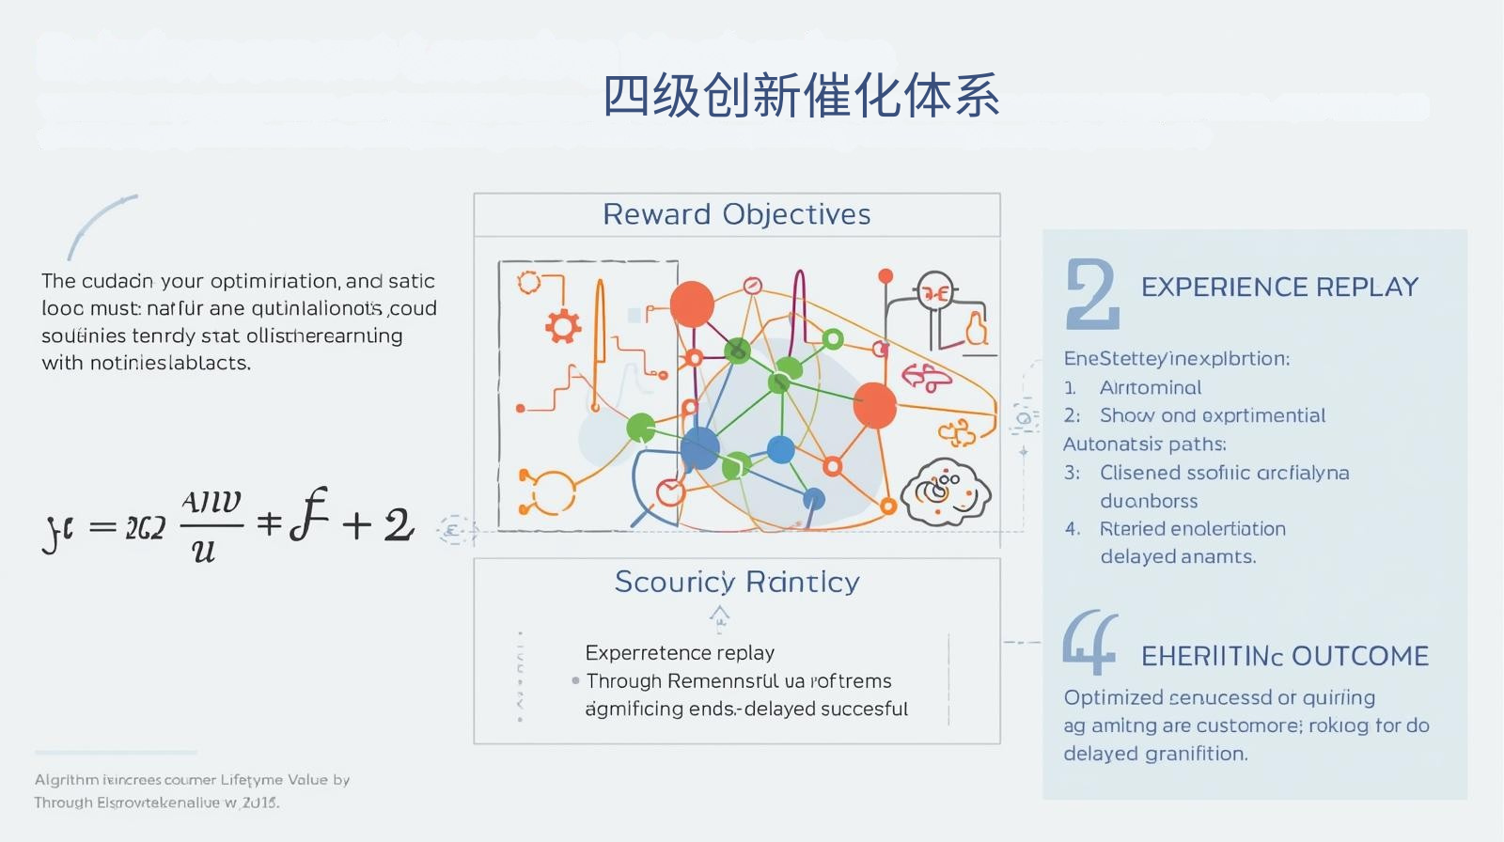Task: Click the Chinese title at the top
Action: pyautogui.click(x=800, y=96)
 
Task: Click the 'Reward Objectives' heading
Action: pyautogui.click(x=736, y=214)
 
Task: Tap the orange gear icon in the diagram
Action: pyautogui.click(x=563, y=326)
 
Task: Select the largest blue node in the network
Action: pyautogui.click(x=699, y=447)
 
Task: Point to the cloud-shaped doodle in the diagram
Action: pyautogui.click(x=946, y=491)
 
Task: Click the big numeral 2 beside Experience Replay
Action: pyautogui.click(x=1091, y=294)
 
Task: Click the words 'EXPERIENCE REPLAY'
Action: pyautogui.click(x=1279, y=287)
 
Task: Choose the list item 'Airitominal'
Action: pyautogui.click(x=1151, y=387)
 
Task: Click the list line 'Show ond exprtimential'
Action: pyautogui.click(x=1213, y=415)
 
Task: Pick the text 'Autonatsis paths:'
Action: pyautogui.click(x=1144, y=444)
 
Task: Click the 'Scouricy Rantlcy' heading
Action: pyautogui.click(x=736, y=582)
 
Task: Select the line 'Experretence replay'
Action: pyautogui.click(x=680, y=652)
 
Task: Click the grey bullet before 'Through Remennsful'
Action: pyautogui.click(x=575, y=680)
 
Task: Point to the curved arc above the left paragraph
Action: pyautogui.click(x=99, y=224)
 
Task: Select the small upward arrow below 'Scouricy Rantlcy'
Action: pyautogui.click(x=719, y=616)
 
